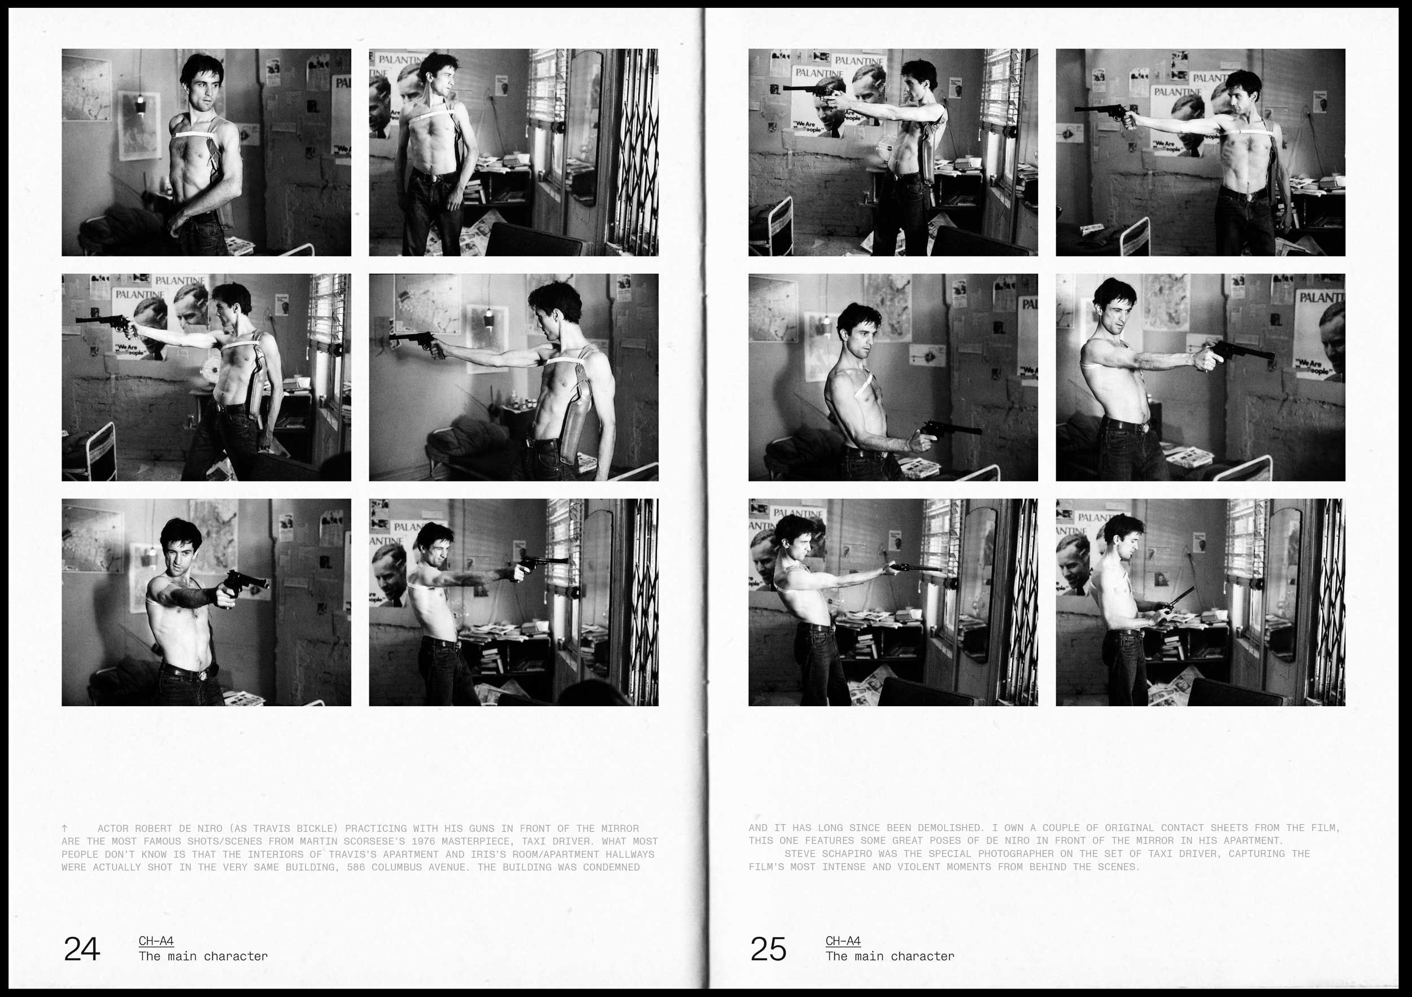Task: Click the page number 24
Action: coord(82,949)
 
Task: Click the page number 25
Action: coord(768,949)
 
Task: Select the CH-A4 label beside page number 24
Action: coord(156,941)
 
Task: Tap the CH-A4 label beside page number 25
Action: coord(843,941)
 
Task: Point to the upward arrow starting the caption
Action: coord(64,829)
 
